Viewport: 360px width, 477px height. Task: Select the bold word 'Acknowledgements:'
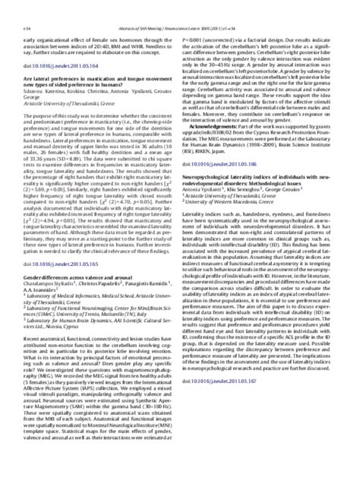(218, 83)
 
